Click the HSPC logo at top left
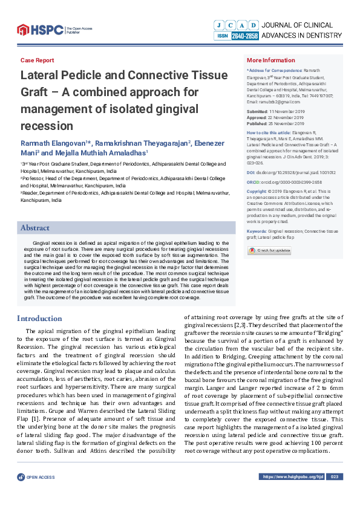[40, 28]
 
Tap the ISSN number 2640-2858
[244, 36]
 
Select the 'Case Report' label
[37, 60]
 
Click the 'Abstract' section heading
[35, 228]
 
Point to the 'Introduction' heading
[39, 319]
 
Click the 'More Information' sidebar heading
[270, 60]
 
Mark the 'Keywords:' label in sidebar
[257, 231]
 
